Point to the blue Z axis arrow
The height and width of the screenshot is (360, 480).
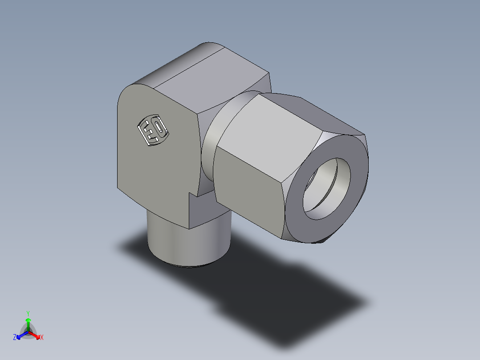(20, 335)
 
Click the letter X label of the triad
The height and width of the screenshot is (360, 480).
(42, 338)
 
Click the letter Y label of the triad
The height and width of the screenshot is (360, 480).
(28, 313)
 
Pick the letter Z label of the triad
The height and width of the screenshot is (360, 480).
(15, 338)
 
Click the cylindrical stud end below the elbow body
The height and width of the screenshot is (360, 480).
(187, 243)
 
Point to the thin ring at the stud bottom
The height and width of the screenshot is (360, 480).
(189, 266)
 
